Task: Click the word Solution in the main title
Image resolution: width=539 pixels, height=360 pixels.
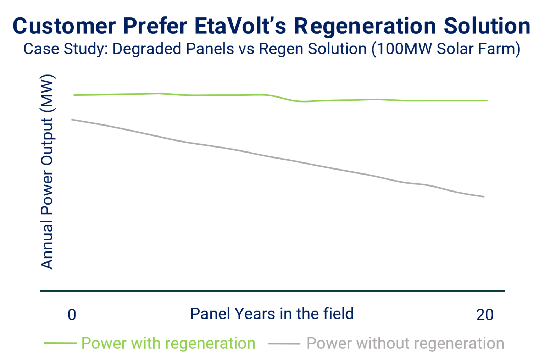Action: pyautogui.click(x=487, y=26)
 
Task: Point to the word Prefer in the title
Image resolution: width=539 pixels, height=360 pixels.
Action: pyautogui.click(x=155, y=26)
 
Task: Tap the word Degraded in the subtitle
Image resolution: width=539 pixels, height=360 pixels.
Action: pyautogui.click(x=147, y=49)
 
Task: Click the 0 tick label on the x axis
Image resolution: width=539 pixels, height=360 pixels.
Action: pyautogui.click(x=72, y=315)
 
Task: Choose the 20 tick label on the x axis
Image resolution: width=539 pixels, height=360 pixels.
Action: pyautogui.click(x=485, y=315)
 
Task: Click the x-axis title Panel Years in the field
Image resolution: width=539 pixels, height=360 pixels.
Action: pyautogui.click(x=272, y=314)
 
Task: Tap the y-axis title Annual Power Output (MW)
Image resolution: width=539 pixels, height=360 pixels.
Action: pyautogui.click(x=47, y=172)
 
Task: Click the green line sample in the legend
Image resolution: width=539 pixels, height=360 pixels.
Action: pyautogui.click(x=60, y=343)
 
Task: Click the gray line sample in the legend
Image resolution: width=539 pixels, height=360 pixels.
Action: pyautogui.click(x=284, y=344)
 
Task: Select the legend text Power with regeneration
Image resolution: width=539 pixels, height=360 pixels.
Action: pyautogui.click(x=168, y=344)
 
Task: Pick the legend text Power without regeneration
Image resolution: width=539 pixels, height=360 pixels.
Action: pyautogui.click(x=405, y=344)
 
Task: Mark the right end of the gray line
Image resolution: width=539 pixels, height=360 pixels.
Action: pyautogui.click(x=484, y=197)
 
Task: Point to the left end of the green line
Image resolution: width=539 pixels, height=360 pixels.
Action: pyautogui.click(x=74, y=95)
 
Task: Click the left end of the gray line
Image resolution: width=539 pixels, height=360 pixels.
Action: pyautogui.click(x=72, y=120)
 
